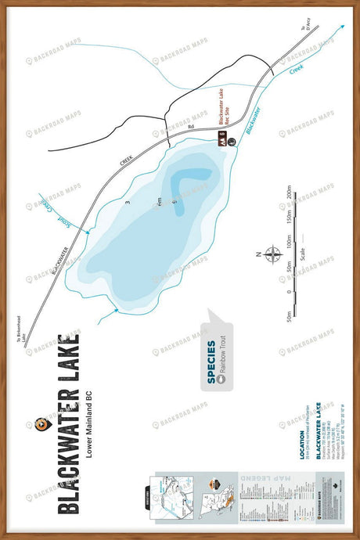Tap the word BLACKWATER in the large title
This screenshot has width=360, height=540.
pyautogui.click(x=69, y=453)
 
